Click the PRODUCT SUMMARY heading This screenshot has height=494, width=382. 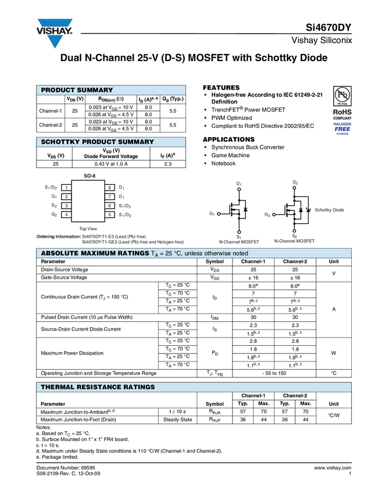[77, 90]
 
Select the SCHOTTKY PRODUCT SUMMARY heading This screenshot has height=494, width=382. [97, 142]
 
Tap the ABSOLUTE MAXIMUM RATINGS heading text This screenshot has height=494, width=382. [95, 253]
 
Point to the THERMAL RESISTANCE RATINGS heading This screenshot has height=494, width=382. [98, 386]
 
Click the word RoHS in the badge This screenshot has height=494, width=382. [342, 112]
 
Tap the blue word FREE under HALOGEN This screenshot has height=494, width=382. [342, 129]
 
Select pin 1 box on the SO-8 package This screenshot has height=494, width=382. [67, 188]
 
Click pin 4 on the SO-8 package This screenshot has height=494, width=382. [67, 215]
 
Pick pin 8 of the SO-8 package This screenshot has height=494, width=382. [109, 188]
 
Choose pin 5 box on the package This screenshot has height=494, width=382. [109, 215]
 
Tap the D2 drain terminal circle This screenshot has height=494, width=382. [295, 188]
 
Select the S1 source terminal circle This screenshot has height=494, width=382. [239, 232]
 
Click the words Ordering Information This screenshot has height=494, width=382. [58, 237]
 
